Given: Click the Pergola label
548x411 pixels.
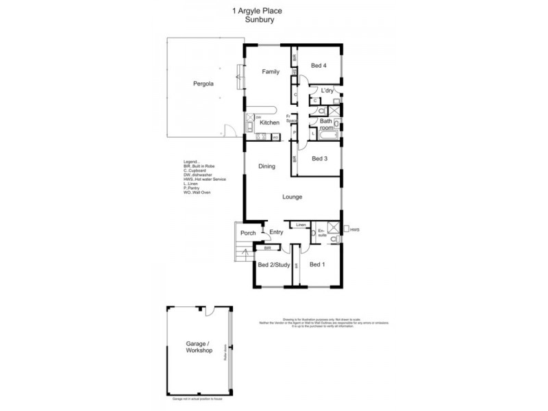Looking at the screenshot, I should point(203,84).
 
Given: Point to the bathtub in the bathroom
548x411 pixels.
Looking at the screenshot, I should point(327,135).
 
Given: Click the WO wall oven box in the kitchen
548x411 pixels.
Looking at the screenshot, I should point(275,137).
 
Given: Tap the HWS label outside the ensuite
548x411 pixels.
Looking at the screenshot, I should point(354,230).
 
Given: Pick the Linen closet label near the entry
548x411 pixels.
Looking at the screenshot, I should point(301,225).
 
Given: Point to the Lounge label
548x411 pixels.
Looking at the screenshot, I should point(292,197).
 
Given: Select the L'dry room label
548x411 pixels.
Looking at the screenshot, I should point(327,91).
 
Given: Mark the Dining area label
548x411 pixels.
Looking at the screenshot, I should point(267,166).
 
